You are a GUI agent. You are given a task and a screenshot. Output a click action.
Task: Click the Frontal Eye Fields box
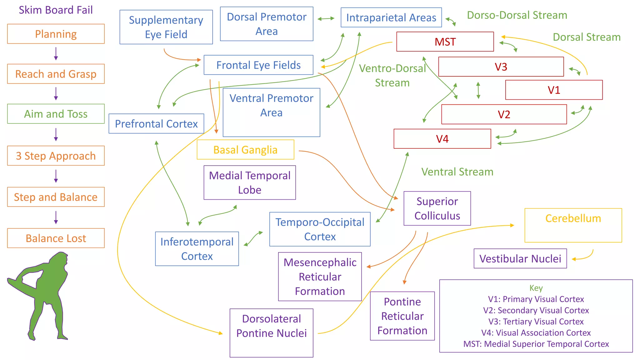click(258, 65)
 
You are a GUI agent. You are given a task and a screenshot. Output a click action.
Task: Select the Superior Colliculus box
click(437, 208)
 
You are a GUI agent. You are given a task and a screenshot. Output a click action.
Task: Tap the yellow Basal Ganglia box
click(245, 150)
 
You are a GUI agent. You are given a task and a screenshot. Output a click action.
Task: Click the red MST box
click(445, 42)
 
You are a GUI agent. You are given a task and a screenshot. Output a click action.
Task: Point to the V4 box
click(442, 139)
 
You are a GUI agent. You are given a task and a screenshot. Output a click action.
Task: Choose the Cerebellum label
click(573, 218)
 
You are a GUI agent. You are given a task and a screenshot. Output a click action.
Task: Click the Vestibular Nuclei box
click(520, 258)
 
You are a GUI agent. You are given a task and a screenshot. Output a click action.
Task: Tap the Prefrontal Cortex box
click(156, 124)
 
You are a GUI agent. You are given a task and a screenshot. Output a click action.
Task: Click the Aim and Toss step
click(56, 114)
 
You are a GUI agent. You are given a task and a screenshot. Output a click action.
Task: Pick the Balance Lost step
click(56, 238)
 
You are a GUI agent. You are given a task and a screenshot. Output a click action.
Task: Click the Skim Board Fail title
click(56, 10)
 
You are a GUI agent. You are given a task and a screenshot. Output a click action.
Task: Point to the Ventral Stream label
click(457, 172)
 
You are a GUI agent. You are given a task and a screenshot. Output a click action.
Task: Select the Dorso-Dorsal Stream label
click(517, 15)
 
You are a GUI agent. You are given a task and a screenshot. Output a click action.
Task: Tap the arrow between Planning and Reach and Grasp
click(56, 54)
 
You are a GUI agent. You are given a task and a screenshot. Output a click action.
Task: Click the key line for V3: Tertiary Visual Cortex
click(536, 322)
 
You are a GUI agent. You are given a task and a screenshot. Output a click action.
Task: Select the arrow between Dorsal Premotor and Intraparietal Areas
click(326, 19)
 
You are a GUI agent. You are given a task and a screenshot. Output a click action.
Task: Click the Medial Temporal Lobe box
click(249, 182)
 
